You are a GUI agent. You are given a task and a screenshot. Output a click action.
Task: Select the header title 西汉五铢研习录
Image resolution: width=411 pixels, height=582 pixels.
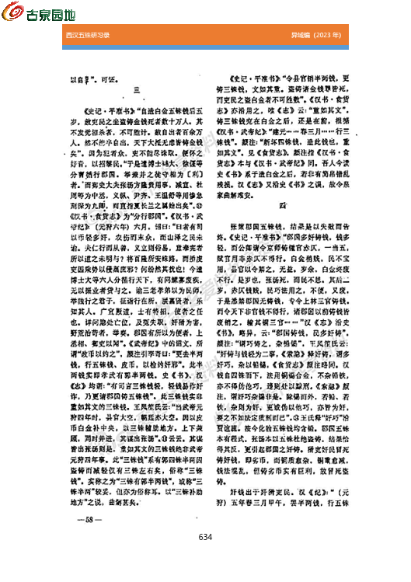tap(89, 36)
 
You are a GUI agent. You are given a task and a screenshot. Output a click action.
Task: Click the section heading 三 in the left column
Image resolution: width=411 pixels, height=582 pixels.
tap(136, 91)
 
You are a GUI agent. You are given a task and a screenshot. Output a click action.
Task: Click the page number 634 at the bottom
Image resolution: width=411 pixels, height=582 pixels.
tap(205, 559)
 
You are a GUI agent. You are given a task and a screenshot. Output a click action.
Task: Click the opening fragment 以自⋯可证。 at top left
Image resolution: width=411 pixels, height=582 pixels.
tap(86, 79)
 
